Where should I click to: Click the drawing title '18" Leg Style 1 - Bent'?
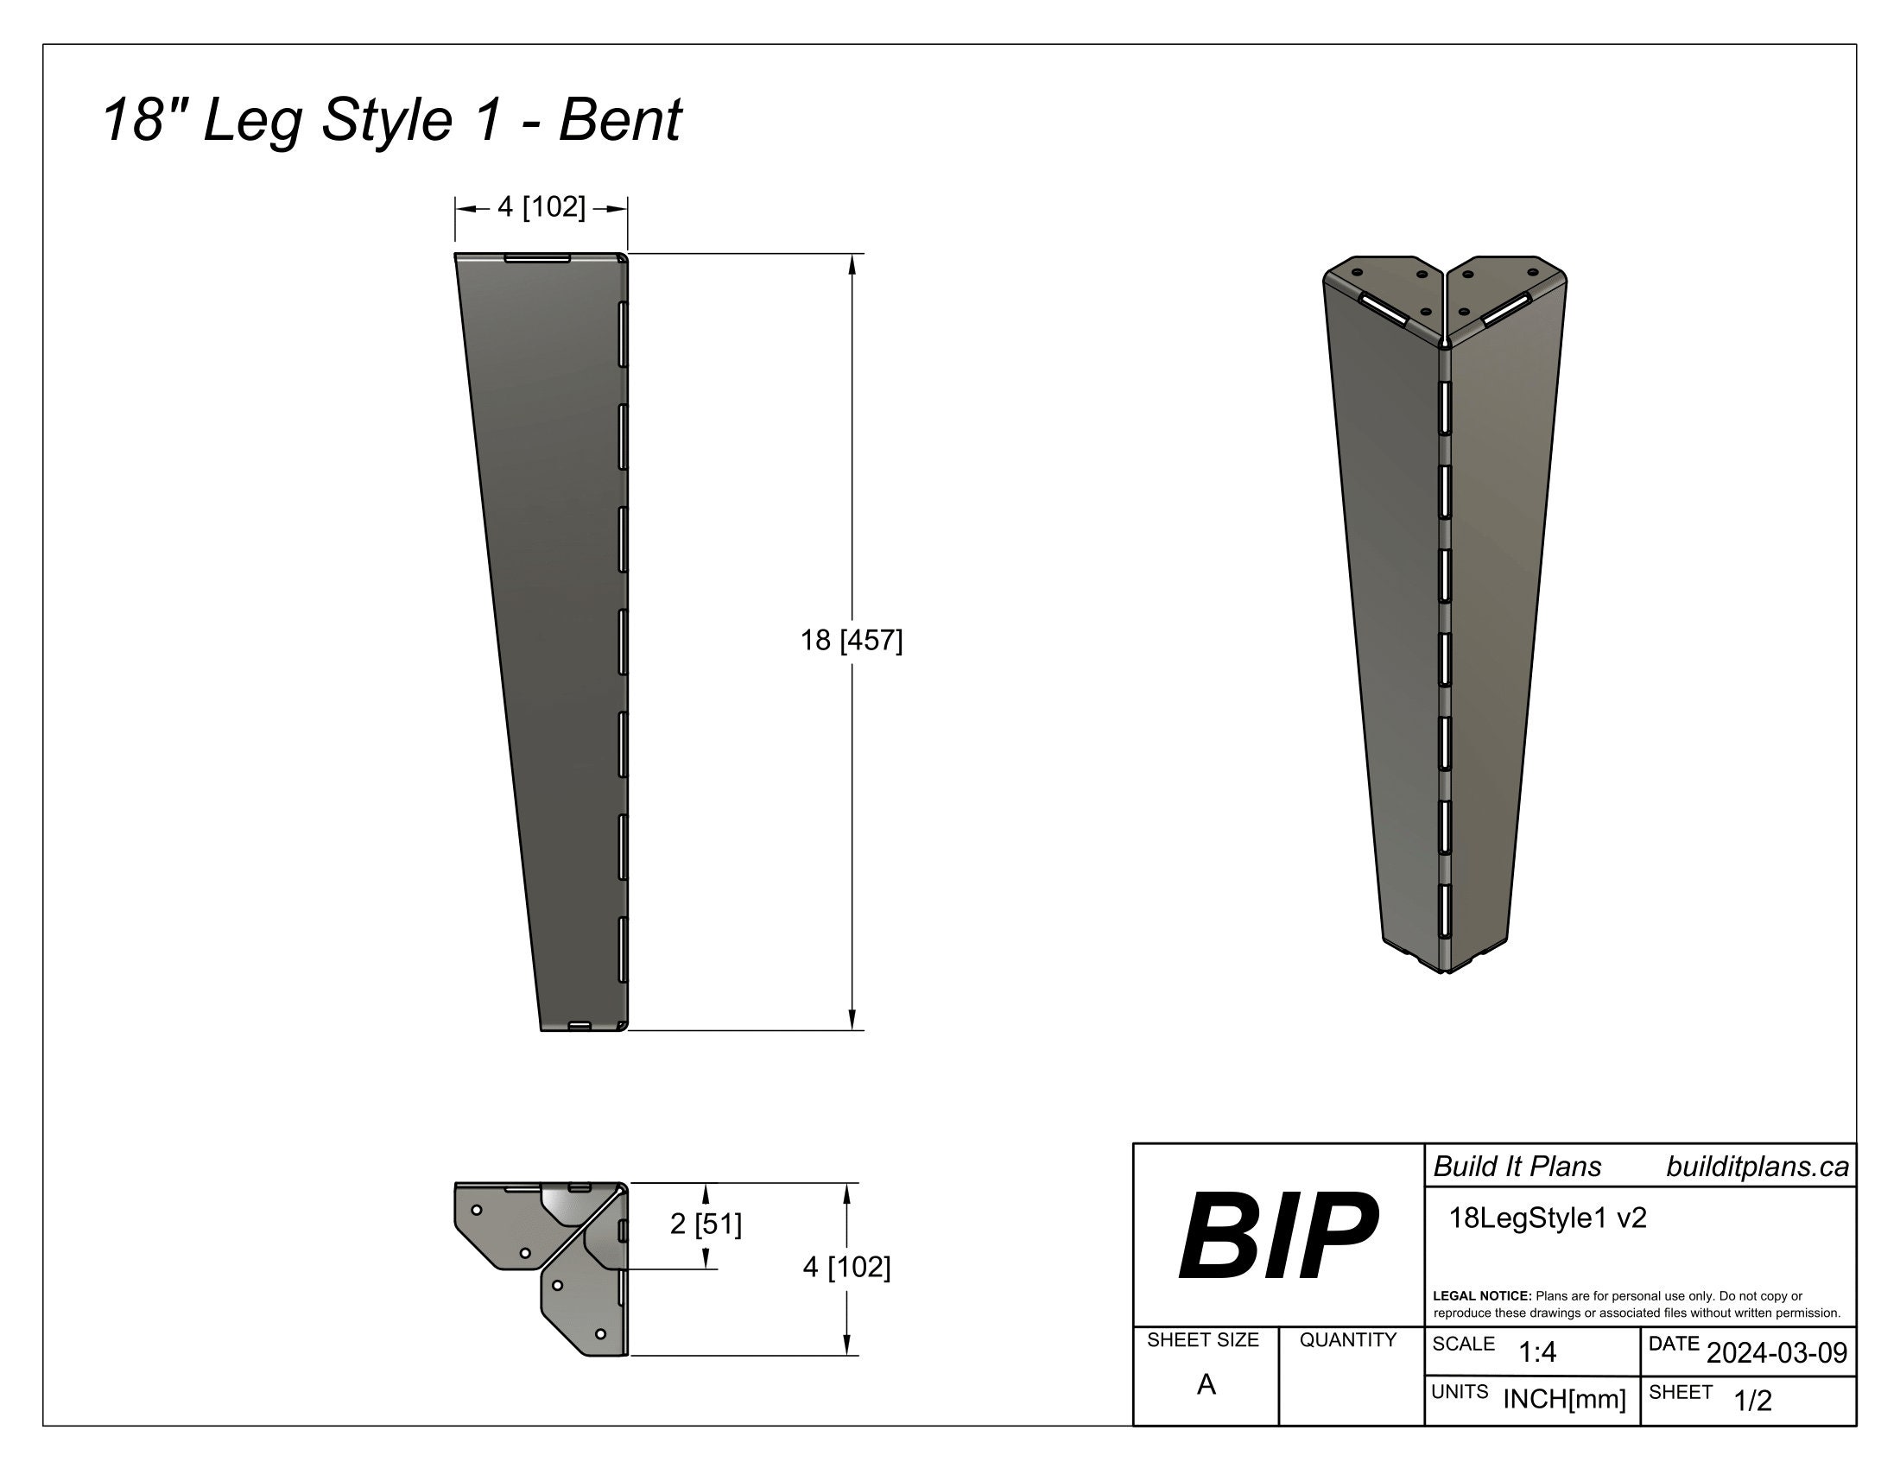click(391, 120)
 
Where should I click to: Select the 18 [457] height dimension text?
click(851, 641)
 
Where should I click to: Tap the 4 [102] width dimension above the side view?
click(541, 207)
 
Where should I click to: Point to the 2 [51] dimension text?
click(706, 1224)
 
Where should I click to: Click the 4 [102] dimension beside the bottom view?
click(846, 1267)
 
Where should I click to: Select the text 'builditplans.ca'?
click(1757, 1167)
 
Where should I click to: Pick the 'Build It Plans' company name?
click(1517, 1167)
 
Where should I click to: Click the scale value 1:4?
click(1537, 1352)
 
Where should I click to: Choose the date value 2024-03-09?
click(1776, 1352)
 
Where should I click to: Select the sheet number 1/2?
click(1752, 1401)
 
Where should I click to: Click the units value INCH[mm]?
click(1564, 1399)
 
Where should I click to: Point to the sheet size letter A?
click(1206, 1384)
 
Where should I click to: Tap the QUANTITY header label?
click(1347, 1340)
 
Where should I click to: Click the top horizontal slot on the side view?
click(538, 258)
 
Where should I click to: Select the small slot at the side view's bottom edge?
click(580, 1026)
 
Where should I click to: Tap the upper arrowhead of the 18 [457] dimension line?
click(852, 263)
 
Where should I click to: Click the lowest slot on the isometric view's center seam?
click(1445, 911)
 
